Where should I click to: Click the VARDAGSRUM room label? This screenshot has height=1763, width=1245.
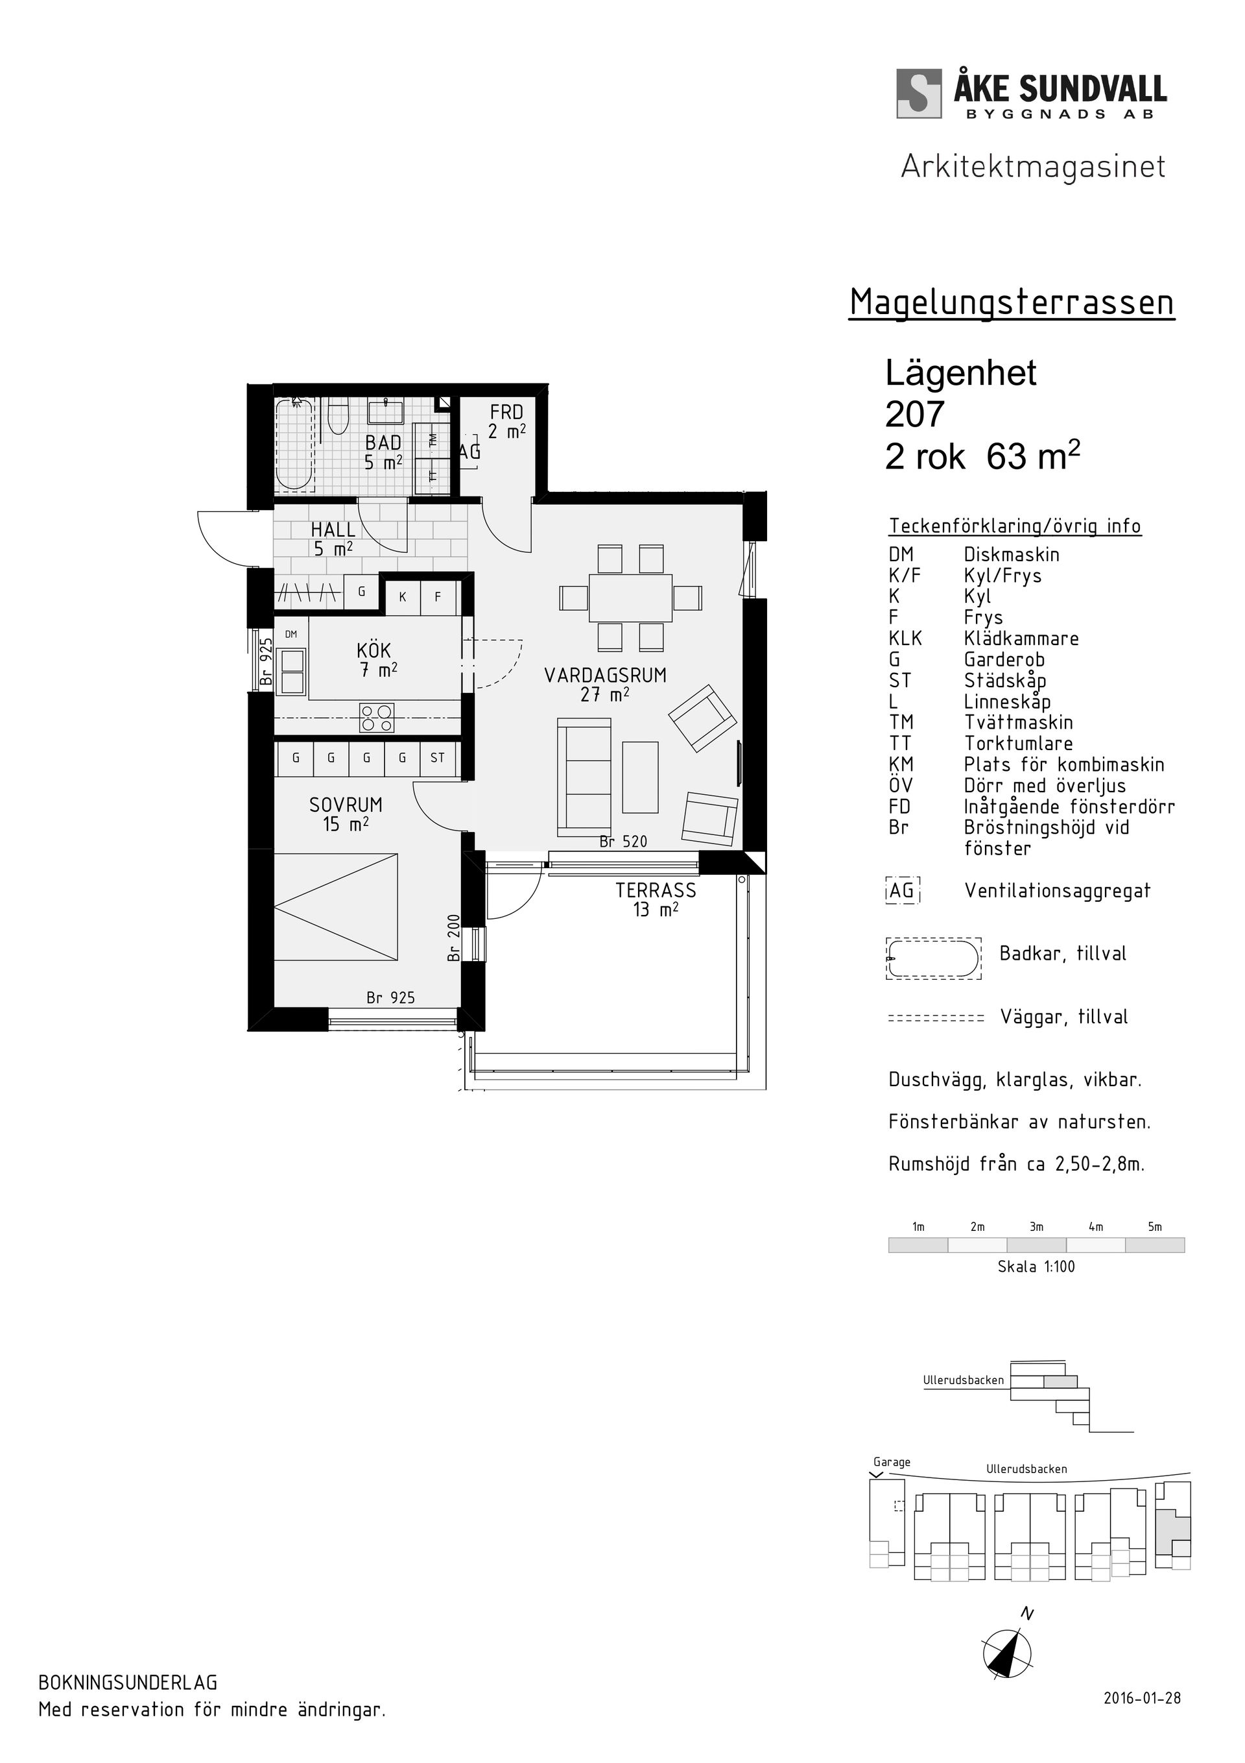tap(605, 675)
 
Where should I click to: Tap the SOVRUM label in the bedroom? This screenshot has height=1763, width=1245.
tap(346, 805)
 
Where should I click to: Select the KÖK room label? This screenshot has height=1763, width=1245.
tap(373, 651)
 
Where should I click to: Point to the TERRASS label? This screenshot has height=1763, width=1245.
tap(656, 891)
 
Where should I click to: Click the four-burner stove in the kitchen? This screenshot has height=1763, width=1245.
tap(377, 718)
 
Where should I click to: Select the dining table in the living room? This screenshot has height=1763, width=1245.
tap(630, 598)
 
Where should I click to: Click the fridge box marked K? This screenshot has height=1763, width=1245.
tap(402, 596)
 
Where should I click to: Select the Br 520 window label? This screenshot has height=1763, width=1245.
tap(623, 842)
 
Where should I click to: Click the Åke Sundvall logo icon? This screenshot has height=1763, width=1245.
tap(918, 93)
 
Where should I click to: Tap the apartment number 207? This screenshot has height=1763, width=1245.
tap(914, 415)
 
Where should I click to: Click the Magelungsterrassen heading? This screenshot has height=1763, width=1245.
tap(1011, 302)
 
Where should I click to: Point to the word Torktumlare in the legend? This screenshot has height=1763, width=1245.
tap(1018, 743)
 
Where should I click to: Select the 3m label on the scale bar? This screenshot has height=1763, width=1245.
tap(1036, 1227)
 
